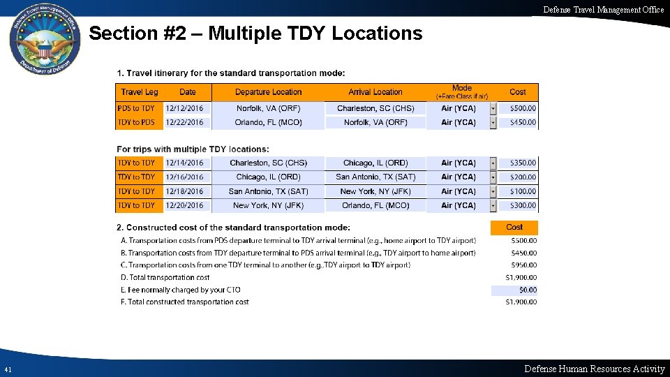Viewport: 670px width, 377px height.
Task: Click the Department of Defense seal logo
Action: point(45,45)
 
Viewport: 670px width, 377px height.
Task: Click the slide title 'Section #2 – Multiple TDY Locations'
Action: point(255,34)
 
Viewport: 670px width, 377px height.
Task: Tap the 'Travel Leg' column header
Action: point(140,92)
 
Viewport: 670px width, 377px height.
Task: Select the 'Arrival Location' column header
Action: point(375,92)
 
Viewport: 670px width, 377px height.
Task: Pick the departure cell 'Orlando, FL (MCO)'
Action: point(268,122)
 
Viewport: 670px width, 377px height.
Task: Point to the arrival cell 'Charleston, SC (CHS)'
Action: point(375,108)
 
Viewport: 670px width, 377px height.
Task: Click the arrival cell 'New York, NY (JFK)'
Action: point(375,191)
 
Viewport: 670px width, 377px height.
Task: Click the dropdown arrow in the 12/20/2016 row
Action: point(493,206)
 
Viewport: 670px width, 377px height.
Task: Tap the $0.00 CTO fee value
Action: point(528,290)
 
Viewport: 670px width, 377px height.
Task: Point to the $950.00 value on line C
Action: point(524,265)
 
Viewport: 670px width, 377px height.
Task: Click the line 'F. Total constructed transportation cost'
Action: point(185,302)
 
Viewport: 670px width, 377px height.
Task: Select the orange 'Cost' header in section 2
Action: point(514,228)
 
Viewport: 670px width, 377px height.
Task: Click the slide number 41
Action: point(8,369)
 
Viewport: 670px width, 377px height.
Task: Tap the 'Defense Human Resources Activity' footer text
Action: point(594,369)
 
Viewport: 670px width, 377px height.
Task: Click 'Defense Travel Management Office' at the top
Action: point(604,9)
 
